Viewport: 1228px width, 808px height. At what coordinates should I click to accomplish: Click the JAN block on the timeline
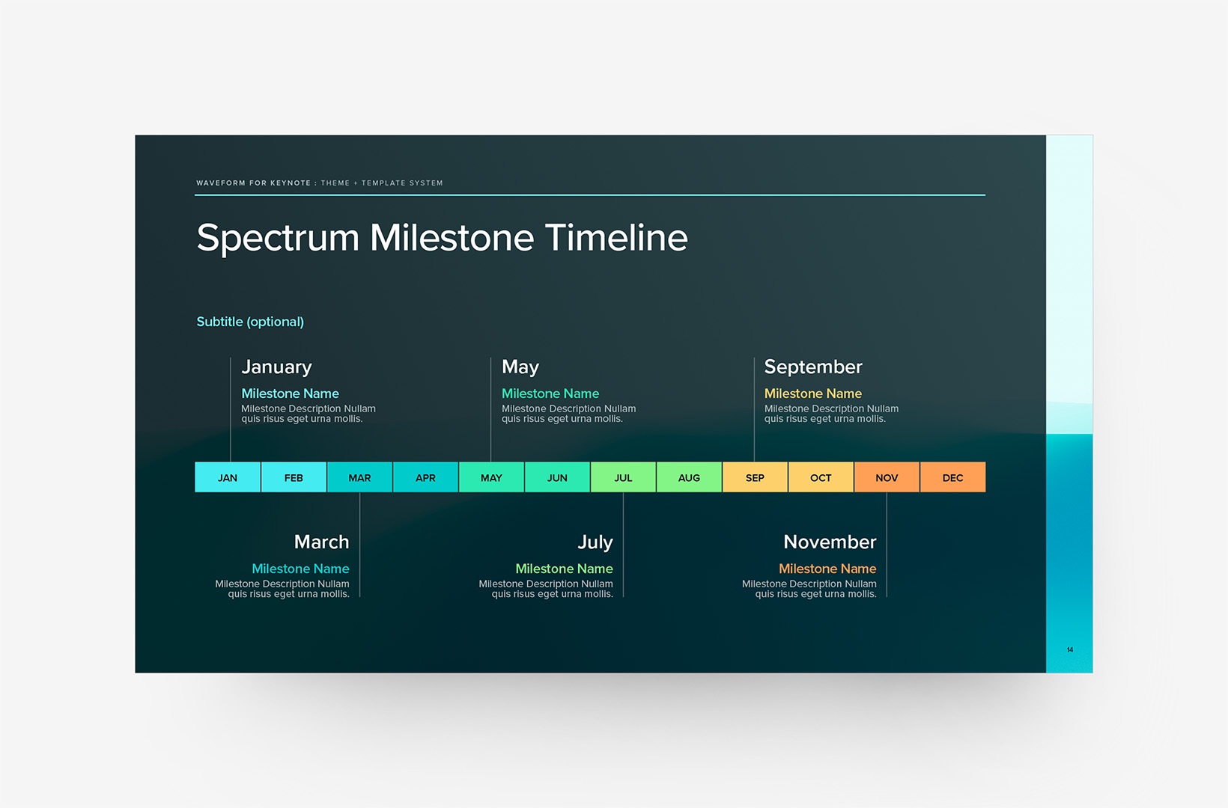coord(228,477)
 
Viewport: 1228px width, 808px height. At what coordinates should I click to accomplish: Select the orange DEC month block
coord(952,477)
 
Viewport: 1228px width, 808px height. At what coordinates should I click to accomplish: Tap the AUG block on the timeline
coord(689,477)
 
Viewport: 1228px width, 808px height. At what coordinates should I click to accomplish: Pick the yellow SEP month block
coord(755,477)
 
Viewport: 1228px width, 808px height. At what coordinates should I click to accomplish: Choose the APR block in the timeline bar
coord(425,477)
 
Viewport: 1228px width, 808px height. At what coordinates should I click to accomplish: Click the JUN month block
coord(557,477)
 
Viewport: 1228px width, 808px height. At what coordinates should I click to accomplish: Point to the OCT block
coord(821,477)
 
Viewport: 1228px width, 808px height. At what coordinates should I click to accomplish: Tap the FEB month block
coord(294,477)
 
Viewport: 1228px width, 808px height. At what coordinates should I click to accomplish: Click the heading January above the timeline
coord(276,367)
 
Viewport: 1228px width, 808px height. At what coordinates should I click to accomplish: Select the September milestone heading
coord(813,367)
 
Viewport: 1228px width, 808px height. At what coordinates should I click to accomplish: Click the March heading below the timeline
coord(321,542)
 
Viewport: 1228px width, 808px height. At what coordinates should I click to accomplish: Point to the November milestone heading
coord(830,542)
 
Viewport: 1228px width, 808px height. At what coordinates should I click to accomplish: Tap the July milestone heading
coord(595,542)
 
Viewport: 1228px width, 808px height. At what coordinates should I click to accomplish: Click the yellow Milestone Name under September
coord(812,394)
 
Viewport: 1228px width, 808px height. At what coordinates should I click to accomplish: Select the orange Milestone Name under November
coord(827,569)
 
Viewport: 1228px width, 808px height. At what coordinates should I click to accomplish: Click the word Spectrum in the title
coord(278,239)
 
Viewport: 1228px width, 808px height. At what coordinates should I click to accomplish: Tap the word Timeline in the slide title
coord(616,237)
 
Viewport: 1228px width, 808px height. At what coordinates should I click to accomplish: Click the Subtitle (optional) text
coord(250,322)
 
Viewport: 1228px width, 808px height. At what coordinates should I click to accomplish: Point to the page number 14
coord(1070,649)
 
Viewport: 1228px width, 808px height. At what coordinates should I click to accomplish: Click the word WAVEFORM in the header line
coord(221,183)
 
